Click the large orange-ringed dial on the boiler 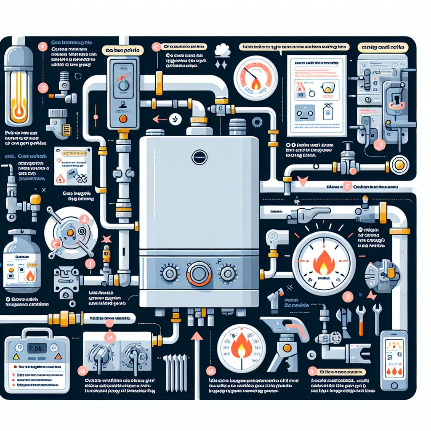click(x=199, y=274)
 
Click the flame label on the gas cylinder click(x=30, y=276)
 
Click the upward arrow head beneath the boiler click(x=194, y=336)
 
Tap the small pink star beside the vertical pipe click(x=106, y=239)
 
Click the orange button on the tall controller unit click(x=123, y=119)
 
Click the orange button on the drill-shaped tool click(x=288, y=348)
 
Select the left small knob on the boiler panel click(x=170, y=274)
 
